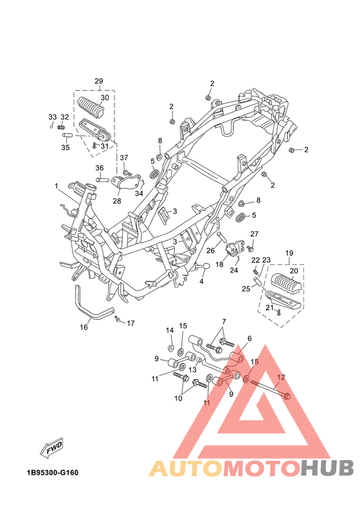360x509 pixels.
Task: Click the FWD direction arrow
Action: [51, 448]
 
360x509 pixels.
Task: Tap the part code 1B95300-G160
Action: [53, 472]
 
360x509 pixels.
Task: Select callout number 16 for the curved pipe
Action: [84, 327]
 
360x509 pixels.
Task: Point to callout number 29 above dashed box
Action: [99, 81]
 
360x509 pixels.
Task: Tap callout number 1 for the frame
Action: [56, 186]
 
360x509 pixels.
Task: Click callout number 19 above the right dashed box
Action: [289, 253]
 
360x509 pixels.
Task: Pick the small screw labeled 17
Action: [118, 319]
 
